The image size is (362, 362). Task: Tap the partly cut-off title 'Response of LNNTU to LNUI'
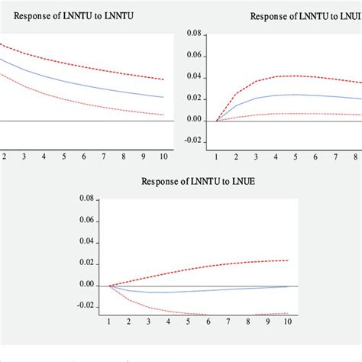[305, 15]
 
